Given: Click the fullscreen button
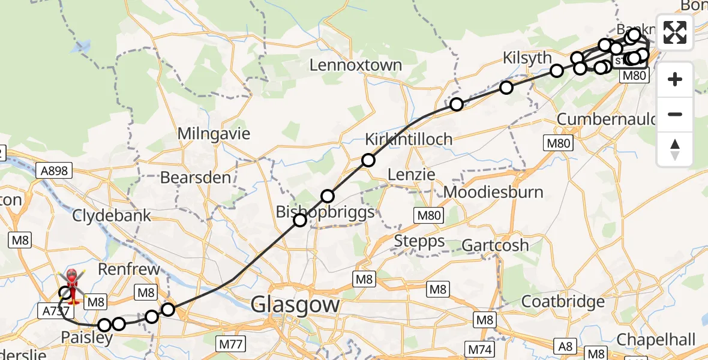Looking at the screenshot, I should (675, 32).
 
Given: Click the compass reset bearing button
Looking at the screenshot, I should (675, 149).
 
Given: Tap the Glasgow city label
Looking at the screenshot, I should (295, 304).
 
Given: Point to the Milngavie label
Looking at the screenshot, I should (214, 133).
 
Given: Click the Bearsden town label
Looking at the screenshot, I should (196, 178).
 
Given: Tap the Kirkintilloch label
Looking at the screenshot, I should (417, 139).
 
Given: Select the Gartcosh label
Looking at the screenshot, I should (495, 245).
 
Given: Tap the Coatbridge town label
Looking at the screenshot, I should (563, 301).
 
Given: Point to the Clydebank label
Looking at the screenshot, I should (112, 215).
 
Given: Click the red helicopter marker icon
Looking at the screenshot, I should (71, 282).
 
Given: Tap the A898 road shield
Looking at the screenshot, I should (55, 172).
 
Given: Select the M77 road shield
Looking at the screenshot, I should (230, 343).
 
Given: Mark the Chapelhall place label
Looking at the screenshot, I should (655, 340).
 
